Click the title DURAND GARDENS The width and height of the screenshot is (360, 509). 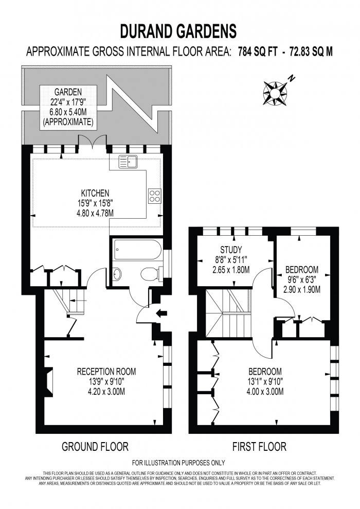point(179,31)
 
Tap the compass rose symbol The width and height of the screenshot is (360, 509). point(275,92)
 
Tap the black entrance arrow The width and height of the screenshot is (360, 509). point(160,312)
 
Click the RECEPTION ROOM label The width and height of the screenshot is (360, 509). point(106,371)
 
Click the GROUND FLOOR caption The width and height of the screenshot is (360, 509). point(95,446)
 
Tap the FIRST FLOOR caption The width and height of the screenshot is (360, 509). point(260,446)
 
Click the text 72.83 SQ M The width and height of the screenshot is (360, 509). point(310,51)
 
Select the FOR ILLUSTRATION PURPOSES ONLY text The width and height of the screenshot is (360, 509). point(179,463)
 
